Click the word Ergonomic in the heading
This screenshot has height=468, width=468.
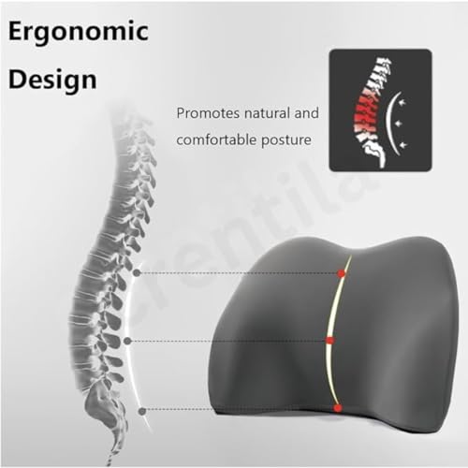point(79,33)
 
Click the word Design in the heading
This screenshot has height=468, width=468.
point(52,80)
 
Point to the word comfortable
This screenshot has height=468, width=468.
point(216,139)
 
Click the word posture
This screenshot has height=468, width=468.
point(286,140)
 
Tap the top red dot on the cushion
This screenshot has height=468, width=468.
point(342,273)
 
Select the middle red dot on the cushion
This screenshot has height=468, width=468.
point(330,340)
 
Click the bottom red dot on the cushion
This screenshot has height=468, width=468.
point(337,408)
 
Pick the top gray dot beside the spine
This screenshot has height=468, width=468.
point(137,273)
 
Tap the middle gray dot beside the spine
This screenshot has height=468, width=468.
point(127,341)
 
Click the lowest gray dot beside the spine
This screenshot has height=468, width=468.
point(142,411)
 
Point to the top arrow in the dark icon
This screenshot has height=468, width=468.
point(403,102)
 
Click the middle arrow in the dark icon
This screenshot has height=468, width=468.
point(399,124)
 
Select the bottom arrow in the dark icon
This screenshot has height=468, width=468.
point(403,145)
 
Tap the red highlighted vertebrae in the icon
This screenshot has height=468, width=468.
point(368,112)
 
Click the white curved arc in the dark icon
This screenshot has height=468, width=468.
point(388,124)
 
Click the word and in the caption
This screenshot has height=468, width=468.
point(306,112)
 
